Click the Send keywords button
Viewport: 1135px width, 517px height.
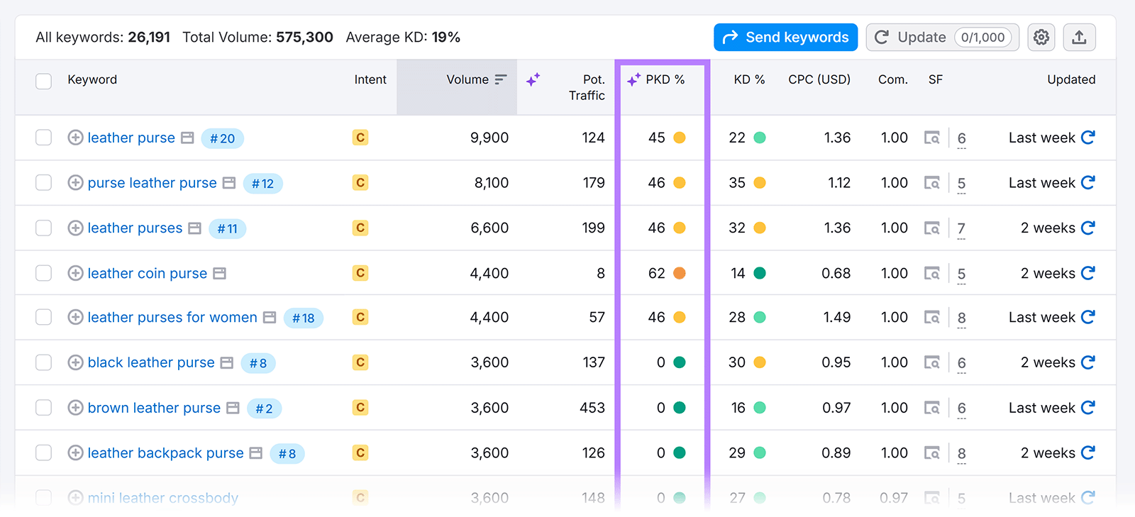click(x=785, y=38)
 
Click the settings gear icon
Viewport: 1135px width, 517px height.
click(x=1041, y=38)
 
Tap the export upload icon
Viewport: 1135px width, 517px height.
click(x=1079, y=38)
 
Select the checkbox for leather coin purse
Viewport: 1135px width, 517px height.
click(x=44, y=273)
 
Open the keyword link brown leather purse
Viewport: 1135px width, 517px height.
click(x=154, y=408)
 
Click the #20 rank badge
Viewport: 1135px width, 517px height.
click(x=222, y=138)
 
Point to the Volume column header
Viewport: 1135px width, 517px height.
click(x=467, y=79)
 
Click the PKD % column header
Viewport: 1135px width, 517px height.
click(x=665, y=79)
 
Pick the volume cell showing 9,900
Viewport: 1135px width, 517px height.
click(x=489, y=138)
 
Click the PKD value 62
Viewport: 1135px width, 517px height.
click(x=656, y=273)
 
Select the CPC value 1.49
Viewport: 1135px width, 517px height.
click(x=836, y=317)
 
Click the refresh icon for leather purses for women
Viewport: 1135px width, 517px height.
click(x=1088, y=317)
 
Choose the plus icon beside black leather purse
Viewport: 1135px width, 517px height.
click(x=75, y=362)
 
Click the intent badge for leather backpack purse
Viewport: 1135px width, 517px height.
click(x=360, y=452)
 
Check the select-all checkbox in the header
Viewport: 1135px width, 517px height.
click(x=44, y=81)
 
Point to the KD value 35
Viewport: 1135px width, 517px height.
click(x=737, y=183)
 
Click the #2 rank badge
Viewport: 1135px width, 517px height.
click(x=264, y=408)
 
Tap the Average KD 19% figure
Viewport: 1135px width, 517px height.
click(x=446, y=38)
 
